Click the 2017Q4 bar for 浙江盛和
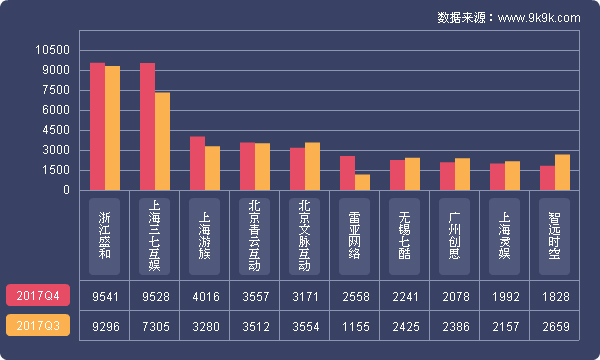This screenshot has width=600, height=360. (97, 126)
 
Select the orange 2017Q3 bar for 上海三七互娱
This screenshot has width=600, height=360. (162, 141)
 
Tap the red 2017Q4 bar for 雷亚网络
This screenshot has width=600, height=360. (347, 172)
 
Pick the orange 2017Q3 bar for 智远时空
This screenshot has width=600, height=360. (562, 172)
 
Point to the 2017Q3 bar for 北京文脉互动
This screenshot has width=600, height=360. (312, 166)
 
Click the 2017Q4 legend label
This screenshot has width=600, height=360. (38, 296)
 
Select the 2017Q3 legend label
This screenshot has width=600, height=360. (38, 326)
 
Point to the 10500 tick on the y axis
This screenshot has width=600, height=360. (52, 50)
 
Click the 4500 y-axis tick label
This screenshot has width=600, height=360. (56, 130)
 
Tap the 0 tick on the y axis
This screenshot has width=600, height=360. (66, 190)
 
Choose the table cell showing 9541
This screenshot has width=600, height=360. (105, 296)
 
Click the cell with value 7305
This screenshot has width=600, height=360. (155, 326)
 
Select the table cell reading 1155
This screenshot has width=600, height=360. (355, 326)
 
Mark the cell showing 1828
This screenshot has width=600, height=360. (555, 296)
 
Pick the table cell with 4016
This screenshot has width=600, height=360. (205, 296)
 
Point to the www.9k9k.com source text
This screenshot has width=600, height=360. (539, 17)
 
